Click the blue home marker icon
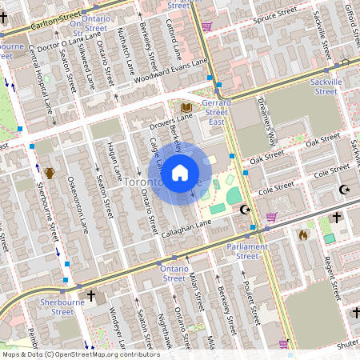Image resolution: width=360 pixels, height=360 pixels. coord(180,173)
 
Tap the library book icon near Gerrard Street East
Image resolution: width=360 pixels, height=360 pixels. coord(186,107)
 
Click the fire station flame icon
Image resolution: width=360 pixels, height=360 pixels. coord(302,235)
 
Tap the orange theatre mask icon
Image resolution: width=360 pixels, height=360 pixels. coord(50,172)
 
